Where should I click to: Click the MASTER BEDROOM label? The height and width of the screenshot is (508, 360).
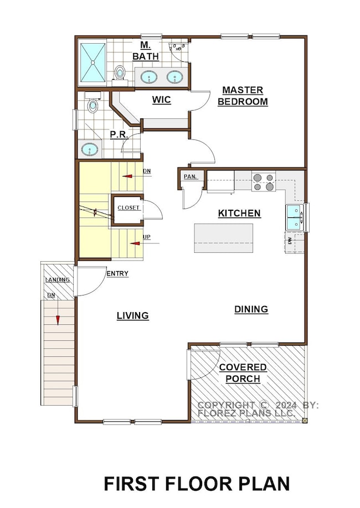click(x=243, y=96)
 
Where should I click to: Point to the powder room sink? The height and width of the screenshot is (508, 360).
click(x=90, y=148)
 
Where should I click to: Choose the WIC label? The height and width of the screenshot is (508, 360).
click(x=161, y=100)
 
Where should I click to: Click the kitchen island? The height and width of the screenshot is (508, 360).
click(x=223, y=238)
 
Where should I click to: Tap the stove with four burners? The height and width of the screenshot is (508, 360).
click(x=264, y=182)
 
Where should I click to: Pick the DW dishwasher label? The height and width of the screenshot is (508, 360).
click(x=290, y=241)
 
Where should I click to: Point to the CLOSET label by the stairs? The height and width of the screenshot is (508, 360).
click(x=128, y=208)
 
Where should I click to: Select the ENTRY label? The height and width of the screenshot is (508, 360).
click(x=117, y=273)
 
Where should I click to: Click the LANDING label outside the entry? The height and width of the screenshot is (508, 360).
click(x=58, y=279)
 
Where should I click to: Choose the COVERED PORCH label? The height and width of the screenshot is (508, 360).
click(x=243, y=373)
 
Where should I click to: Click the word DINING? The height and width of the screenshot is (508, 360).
click(x=250, y=309)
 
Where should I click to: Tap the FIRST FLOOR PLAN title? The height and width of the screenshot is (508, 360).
click(x=197, y=483)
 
